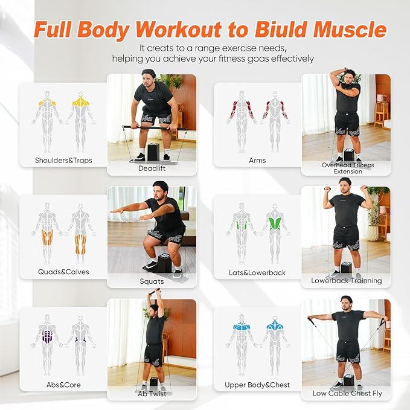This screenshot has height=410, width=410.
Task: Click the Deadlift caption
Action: (x=152, y=168)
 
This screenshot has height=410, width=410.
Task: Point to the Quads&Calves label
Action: (x=62, y=272)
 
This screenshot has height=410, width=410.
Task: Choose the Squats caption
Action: (x=152, y=281)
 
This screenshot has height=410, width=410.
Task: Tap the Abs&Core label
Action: (x=63, y=385)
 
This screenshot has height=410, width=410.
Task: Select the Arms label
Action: (x=257, y=161)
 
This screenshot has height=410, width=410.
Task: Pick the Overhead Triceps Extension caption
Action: (x=348, y=168)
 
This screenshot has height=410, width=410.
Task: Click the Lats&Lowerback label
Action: (x=257, y=272)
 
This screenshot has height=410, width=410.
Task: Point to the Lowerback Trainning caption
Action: (x=347, y=281)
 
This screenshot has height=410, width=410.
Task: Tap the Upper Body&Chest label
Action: (x=257, y=385)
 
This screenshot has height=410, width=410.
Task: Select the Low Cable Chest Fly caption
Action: (x=347, y=394)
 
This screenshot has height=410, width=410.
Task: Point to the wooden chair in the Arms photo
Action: (x=380, y=112)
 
